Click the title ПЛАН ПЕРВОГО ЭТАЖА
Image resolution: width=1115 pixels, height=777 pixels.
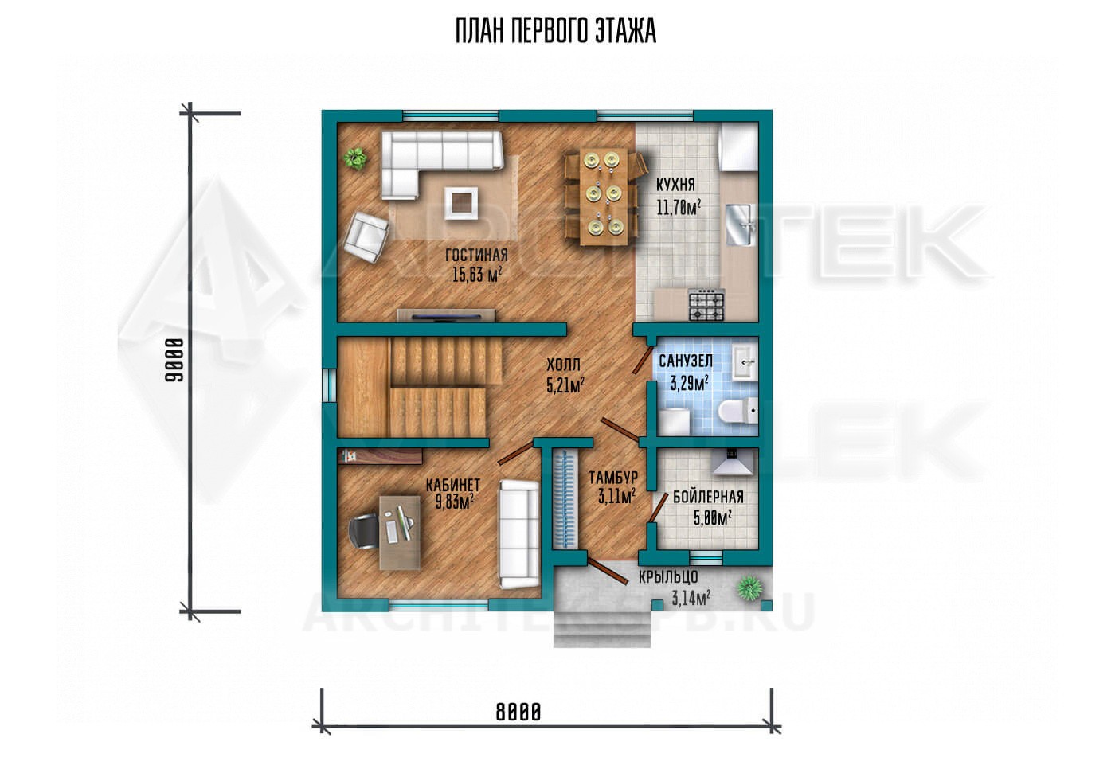556,31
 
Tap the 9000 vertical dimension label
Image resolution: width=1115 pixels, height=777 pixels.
174,361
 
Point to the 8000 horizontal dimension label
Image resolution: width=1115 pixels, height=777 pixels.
518,713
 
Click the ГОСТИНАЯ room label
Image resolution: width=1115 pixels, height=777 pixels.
476,256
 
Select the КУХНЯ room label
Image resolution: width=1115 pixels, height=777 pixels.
675,185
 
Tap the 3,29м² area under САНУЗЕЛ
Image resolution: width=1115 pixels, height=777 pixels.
689,383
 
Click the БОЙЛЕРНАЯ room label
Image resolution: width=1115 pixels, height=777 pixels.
708,497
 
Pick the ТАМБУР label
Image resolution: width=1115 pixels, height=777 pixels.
613,478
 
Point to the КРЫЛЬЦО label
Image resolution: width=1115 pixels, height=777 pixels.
668,576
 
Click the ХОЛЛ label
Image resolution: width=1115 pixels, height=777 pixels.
564,365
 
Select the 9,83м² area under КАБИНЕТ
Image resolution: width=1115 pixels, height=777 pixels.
454,502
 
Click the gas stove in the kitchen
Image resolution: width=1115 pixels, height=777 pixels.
706,307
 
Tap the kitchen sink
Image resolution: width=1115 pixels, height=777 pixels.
741,225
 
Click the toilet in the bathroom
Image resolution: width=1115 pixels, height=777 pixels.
737,411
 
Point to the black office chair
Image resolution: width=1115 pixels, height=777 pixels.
366,532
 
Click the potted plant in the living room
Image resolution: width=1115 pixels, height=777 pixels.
355,158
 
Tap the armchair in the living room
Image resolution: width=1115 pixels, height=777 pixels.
367,236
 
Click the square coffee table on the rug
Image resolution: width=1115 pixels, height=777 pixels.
113,202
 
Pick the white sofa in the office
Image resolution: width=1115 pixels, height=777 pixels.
518,533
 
